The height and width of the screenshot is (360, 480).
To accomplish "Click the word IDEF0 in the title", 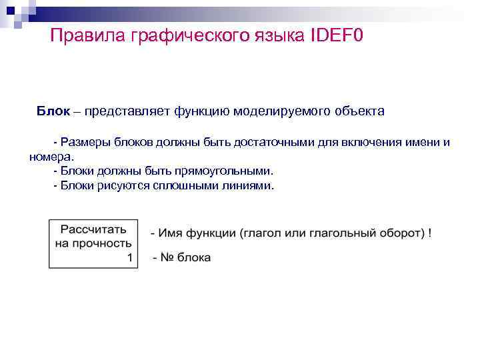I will click(x=337, y=35).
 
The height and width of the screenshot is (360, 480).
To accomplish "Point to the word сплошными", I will click(x=187, y=186).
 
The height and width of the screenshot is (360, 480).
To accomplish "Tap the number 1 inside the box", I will click(x=129, y=257).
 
